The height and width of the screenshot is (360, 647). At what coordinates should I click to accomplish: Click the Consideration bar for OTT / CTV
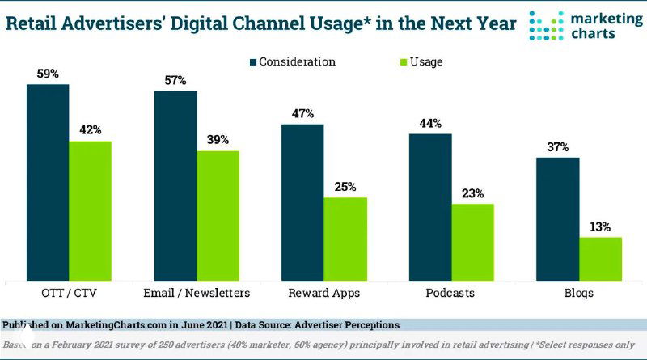pyautogui.click(x=48, y=182)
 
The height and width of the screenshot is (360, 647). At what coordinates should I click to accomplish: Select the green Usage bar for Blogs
pyautogui.click(x=600, y=259)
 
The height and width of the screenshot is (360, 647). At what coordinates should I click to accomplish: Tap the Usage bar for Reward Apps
pyautogui.click(x=345, y=239)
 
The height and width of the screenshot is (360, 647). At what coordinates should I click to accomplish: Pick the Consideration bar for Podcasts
pyautogui.click(x=430, y=207)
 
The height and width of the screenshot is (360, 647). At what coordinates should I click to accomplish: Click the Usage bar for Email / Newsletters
pyautogui.click(x=218, y=215)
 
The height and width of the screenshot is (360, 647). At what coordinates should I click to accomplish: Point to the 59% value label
pyautogui.click(x=48, y=74)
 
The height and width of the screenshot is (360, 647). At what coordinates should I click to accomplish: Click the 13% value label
pyautogui.click(x=600, y=227)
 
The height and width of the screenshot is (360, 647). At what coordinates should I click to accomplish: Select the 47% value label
pyautogui.click(x=302, y=114)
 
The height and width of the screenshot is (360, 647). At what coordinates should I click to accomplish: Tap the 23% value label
pyautogui.click(x=472, y=193)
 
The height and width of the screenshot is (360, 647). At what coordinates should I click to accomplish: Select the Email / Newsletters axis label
pyautogui.click(x=197, y=293)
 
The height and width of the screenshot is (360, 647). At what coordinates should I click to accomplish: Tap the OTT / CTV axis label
pyautogui.click(x=69, y=293)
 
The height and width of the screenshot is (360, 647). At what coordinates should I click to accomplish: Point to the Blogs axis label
pyautogui.click(x=579, y=293)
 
